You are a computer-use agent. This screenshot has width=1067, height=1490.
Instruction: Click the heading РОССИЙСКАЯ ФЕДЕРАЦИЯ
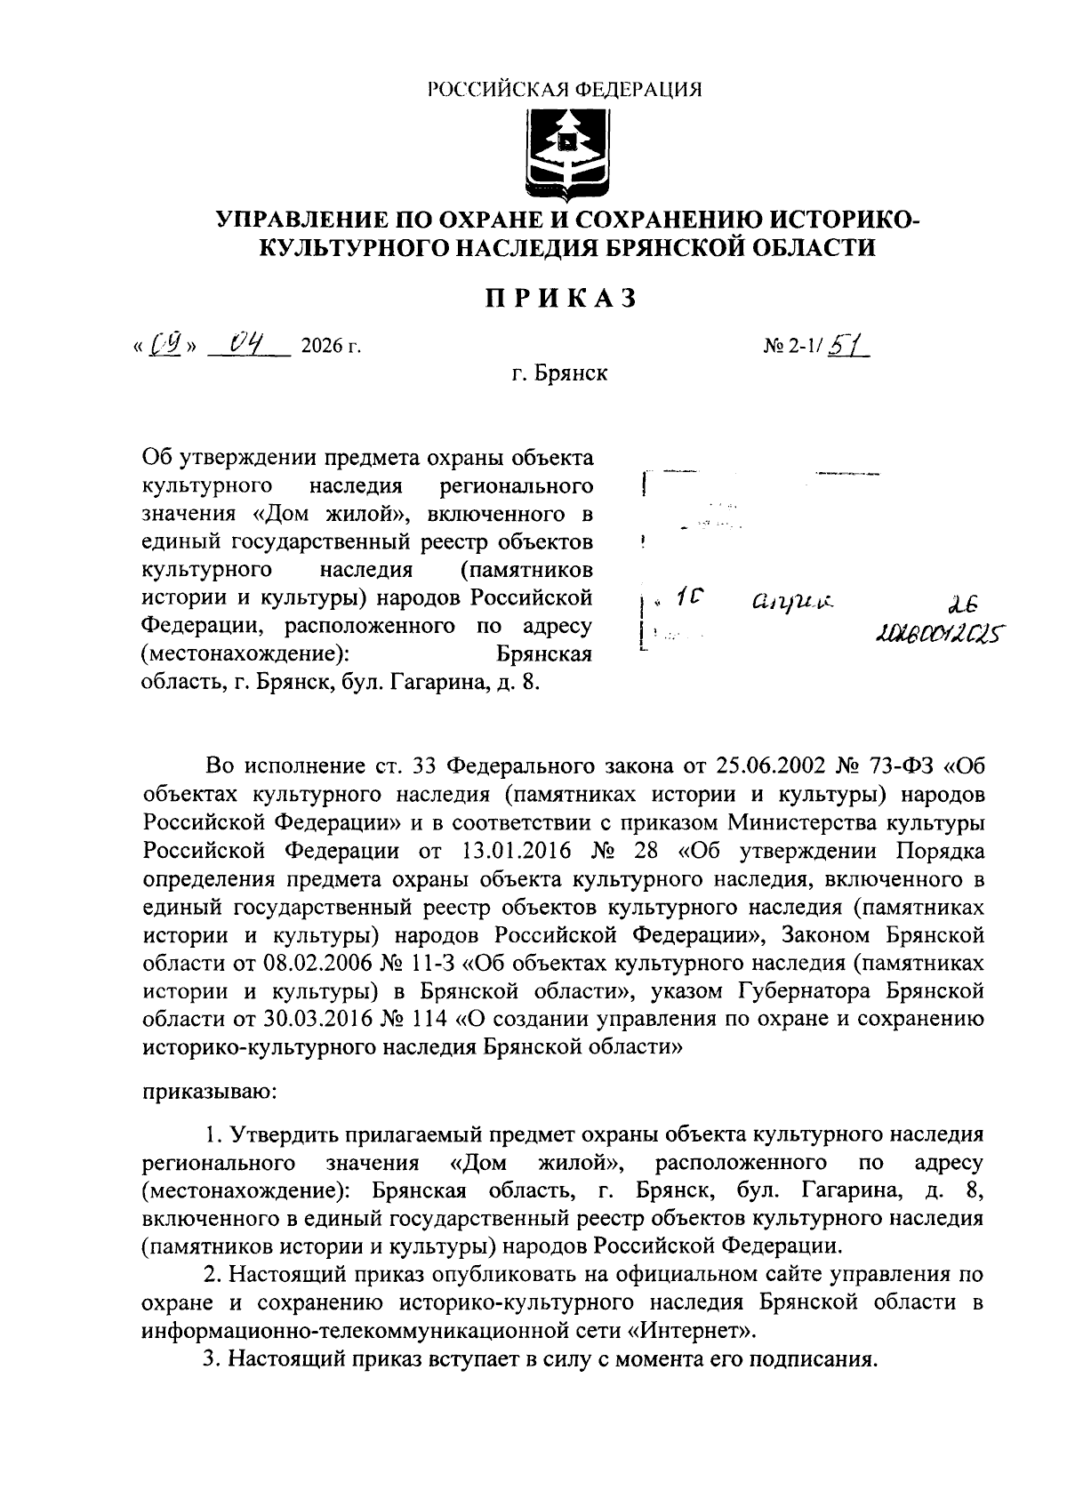(x=565, y=90)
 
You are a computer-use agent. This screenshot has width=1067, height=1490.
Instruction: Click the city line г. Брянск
(x=559, y=373)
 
